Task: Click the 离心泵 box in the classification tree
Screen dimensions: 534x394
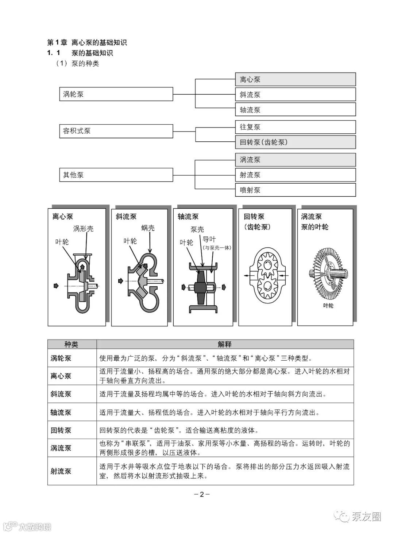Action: click(x=295, y=79)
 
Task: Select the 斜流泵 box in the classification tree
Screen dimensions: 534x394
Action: click(x=295, y=95)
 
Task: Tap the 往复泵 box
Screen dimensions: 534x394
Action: click(x=295, y=127)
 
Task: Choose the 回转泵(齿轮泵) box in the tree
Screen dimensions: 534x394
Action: click(x=295, y=142)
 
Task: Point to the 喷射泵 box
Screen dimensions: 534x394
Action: click(x=295, y=190)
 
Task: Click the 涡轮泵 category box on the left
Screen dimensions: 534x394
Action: click(x=116, y=94)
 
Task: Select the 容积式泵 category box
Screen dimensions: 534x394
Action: click(x=116, y=131)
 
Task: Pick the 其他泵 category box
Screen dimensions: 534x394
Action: click(x=116, y=175)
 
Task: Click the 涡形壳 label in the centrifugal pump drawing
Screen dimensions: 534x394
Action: click(x=83, y=229)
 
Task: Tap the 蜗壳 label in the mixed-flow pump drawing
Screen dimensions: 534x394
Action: click(x=148, y=228)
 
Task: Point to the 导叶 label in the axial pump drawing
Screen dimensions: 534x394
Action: click(x=209, y=240)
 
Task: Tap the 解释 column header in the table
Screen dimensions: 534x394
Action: click(x=225, y=344)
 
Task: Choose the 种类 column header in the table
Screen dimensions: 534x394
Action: click(x=72, y=344)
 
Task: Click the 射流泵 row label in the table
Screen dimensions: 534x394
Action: click(x=61, y=471)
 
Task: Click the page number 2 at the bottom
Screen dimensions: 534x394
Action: click(x=201, y=495)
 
